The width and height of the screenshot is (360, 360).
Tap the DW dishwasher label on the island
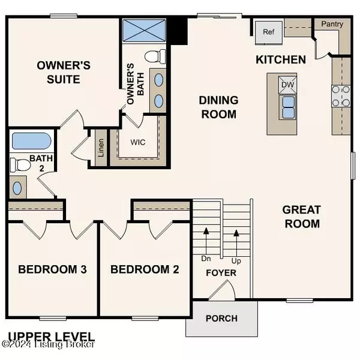[287, 85]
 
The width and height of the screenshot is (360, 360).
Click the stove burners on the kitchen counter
[340, 95]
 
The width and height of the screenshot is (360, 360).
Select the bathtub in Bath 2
[31, 142]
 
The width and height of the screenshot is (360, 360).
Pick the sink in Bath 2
[17, 188]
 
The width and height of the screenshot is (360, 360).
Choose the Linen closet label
[101, 148]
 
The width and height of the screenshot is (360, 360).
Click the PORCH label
[221, 318]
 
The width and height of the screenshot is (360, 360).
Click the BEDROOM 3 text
[53, 269]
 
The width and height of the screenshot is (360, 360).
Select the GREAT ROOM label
[301, 217]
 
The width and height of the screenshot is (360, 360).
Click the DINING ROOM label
[219, 107]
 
